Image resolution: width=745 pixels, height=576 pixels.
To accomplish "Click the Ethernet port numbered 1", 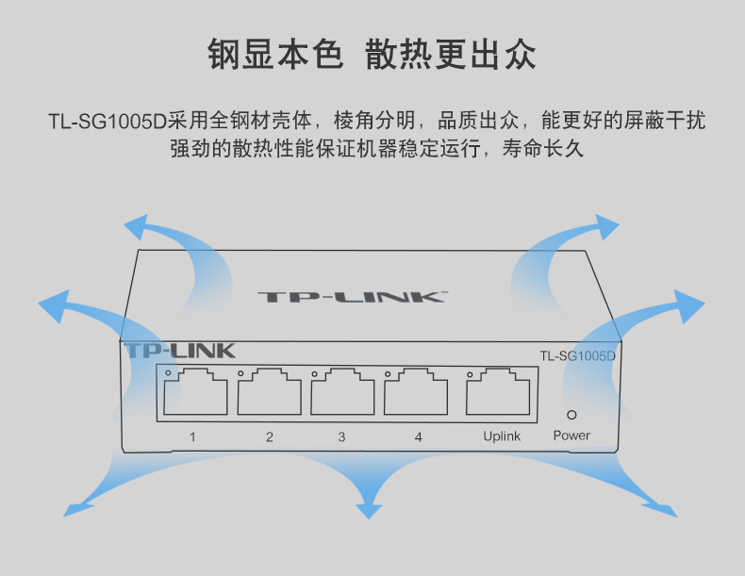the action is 195,392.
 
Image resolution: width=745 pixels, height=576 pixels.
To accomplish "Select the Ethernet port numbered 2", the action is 269,392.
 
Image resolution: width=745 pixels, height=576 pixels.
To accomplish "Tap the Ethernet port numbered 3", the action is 342,392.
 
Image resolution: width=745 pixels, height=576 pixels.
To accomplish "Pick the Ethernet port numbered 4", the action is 416,392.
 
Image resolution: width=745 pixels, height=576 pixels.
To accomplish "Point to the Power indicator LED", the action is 571,414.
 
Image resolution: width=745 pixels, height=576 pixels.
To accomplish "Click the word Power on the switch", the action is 571,436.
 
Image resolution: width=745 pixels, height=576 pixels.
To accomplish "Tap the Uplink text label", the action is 502,436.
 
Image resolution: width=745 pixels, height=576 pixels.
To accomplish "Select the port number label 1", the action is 192,436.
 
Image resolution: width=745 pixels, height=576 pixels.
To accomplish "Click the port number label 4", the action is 418,436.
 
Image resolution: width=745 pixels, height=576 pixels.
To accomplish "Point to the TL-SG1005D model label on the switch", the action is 577,355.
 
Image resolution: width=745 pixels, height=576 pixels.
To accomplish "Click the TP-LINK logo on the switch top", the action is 350,297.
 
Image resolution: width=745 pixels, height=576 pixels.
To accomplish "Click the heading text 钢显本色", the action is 274,55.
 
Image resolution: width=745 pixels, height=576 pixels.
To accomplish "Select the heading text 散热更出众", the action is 451,55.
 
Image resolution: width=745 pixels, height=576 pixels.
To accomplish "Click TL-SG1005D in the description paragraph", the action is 107,122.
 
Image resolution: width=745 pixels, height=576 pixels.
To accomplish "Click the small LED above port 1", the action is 168,373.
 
